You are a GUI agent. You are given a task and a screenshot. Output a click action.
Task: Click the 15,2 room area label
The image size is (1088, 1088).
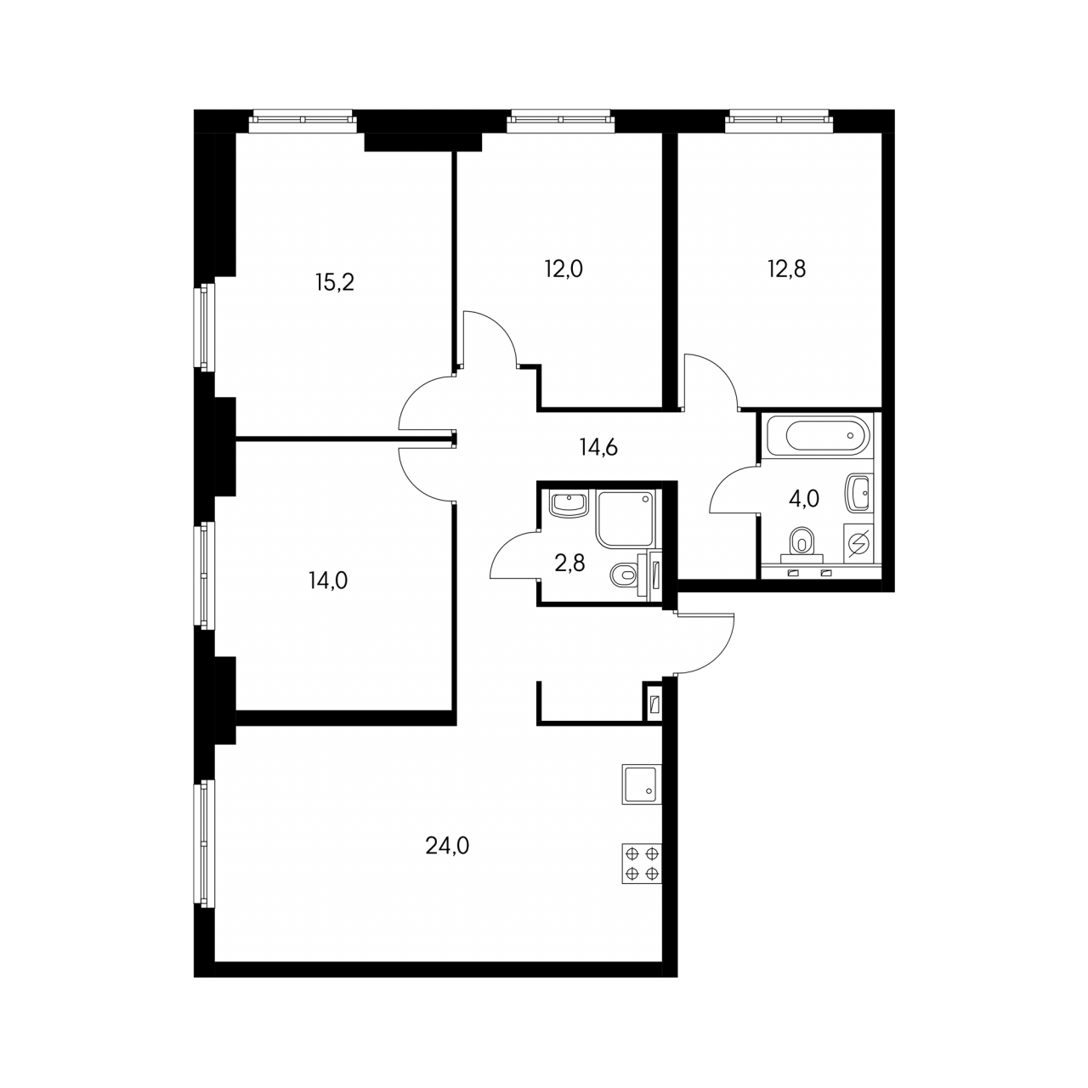pyautogui.click(x=335, y=282)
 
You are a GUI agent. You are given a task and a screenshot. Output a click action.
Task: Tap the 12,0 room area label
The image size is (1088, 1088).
pyautogui.click(x=564, y=269)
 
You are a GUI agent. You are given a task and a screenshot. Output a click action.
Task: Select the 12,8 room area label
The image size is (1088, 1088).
pyautogui.click(x=786, y=269)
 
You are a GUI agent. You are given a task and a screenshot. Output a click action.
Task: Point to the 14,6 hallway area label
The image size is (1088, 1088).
pyautogui.click(x=598, y=448)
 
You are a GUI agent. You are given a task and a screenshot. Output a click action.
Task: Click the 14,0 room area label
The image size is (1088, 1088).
pyautogui.click(x=328, y=580)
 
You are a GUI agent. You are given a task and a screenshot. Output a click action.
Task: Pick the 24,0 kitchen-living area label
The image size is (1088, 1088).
pyautogui.click(x=447, y=846)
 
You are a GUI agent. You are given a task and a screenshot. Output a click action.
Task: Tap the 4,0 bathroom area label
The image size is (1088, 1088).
pyautogui.click(x=804, y=499)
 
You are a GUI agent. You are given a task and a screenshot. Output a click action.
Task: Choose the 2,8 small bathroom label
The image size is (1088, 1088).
pyautogui.click(x=569, y=563)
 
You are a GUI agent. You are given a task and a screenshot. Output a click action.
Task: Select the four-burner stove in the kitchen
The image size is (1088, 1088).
pyautogui.click(x=642, y=864)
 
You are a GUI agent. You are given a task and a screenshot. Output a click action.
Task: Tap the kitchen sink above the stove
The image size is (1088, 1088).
pyautogui.click(x=642, y=785)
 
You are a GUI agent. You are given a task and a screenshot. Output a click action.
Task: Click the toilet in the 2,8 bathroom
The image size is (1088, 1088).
pyautogui.click(x=625, y=576)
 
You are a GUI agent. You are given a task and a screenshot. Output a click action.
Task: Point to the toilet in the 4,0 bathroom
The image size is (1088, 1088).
pyautogui.click(x=802, y=542)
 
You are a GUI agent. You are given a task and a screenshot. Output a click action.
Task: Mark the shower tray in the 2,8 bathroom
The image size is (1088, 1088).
pyautogui.click(x=626, y=518)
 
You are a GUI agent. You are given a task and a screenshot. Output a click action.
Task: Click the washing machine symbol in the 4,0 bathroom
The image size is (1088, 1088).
pyautogui.click(x=858, y=543)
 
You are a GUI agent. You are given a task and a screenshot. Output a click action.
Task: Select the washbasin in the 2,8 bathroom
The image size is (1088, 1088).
pyautogui.click(x=569, y=504)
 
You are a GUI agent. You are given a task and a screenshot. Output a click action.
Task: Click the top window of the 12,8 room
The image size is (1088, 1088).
pyautogui.click(x=779, y=121)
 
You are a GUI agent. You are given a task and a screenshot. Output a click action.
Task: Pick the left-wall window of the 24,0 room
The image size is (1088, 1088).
pyautogui.click(x=204, y=845)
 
